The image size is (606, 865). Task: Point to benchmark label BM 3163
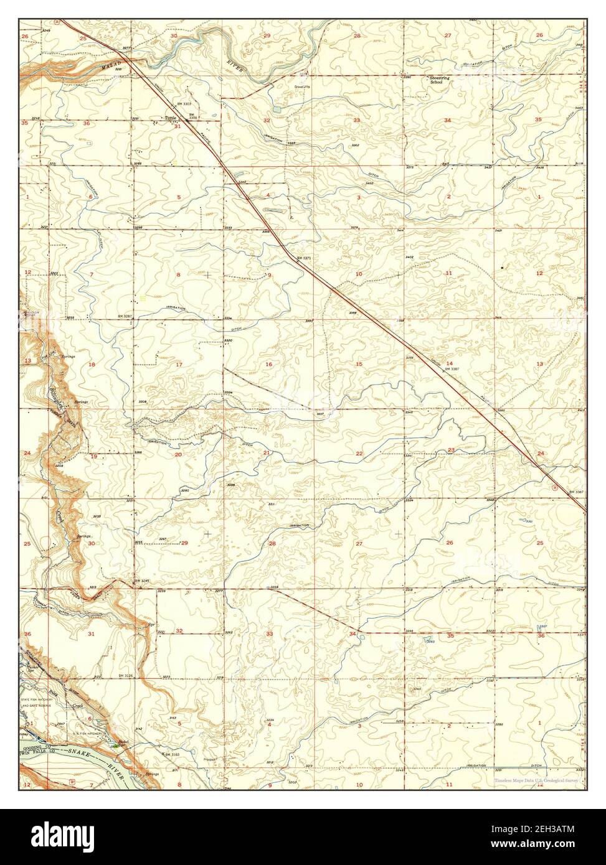click(171, 754)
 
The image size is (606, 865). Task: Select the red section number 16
click(268, 364)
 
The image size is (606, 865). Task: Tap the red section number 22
click(359, 454)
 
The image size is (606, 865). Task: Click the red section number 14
click(448, 363)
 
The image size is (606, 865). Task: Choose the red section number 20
click(178, 454)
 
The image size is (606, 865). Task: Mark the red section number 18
click(92, 364)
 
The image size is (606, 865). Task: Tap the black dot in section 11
click(502, 267)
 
